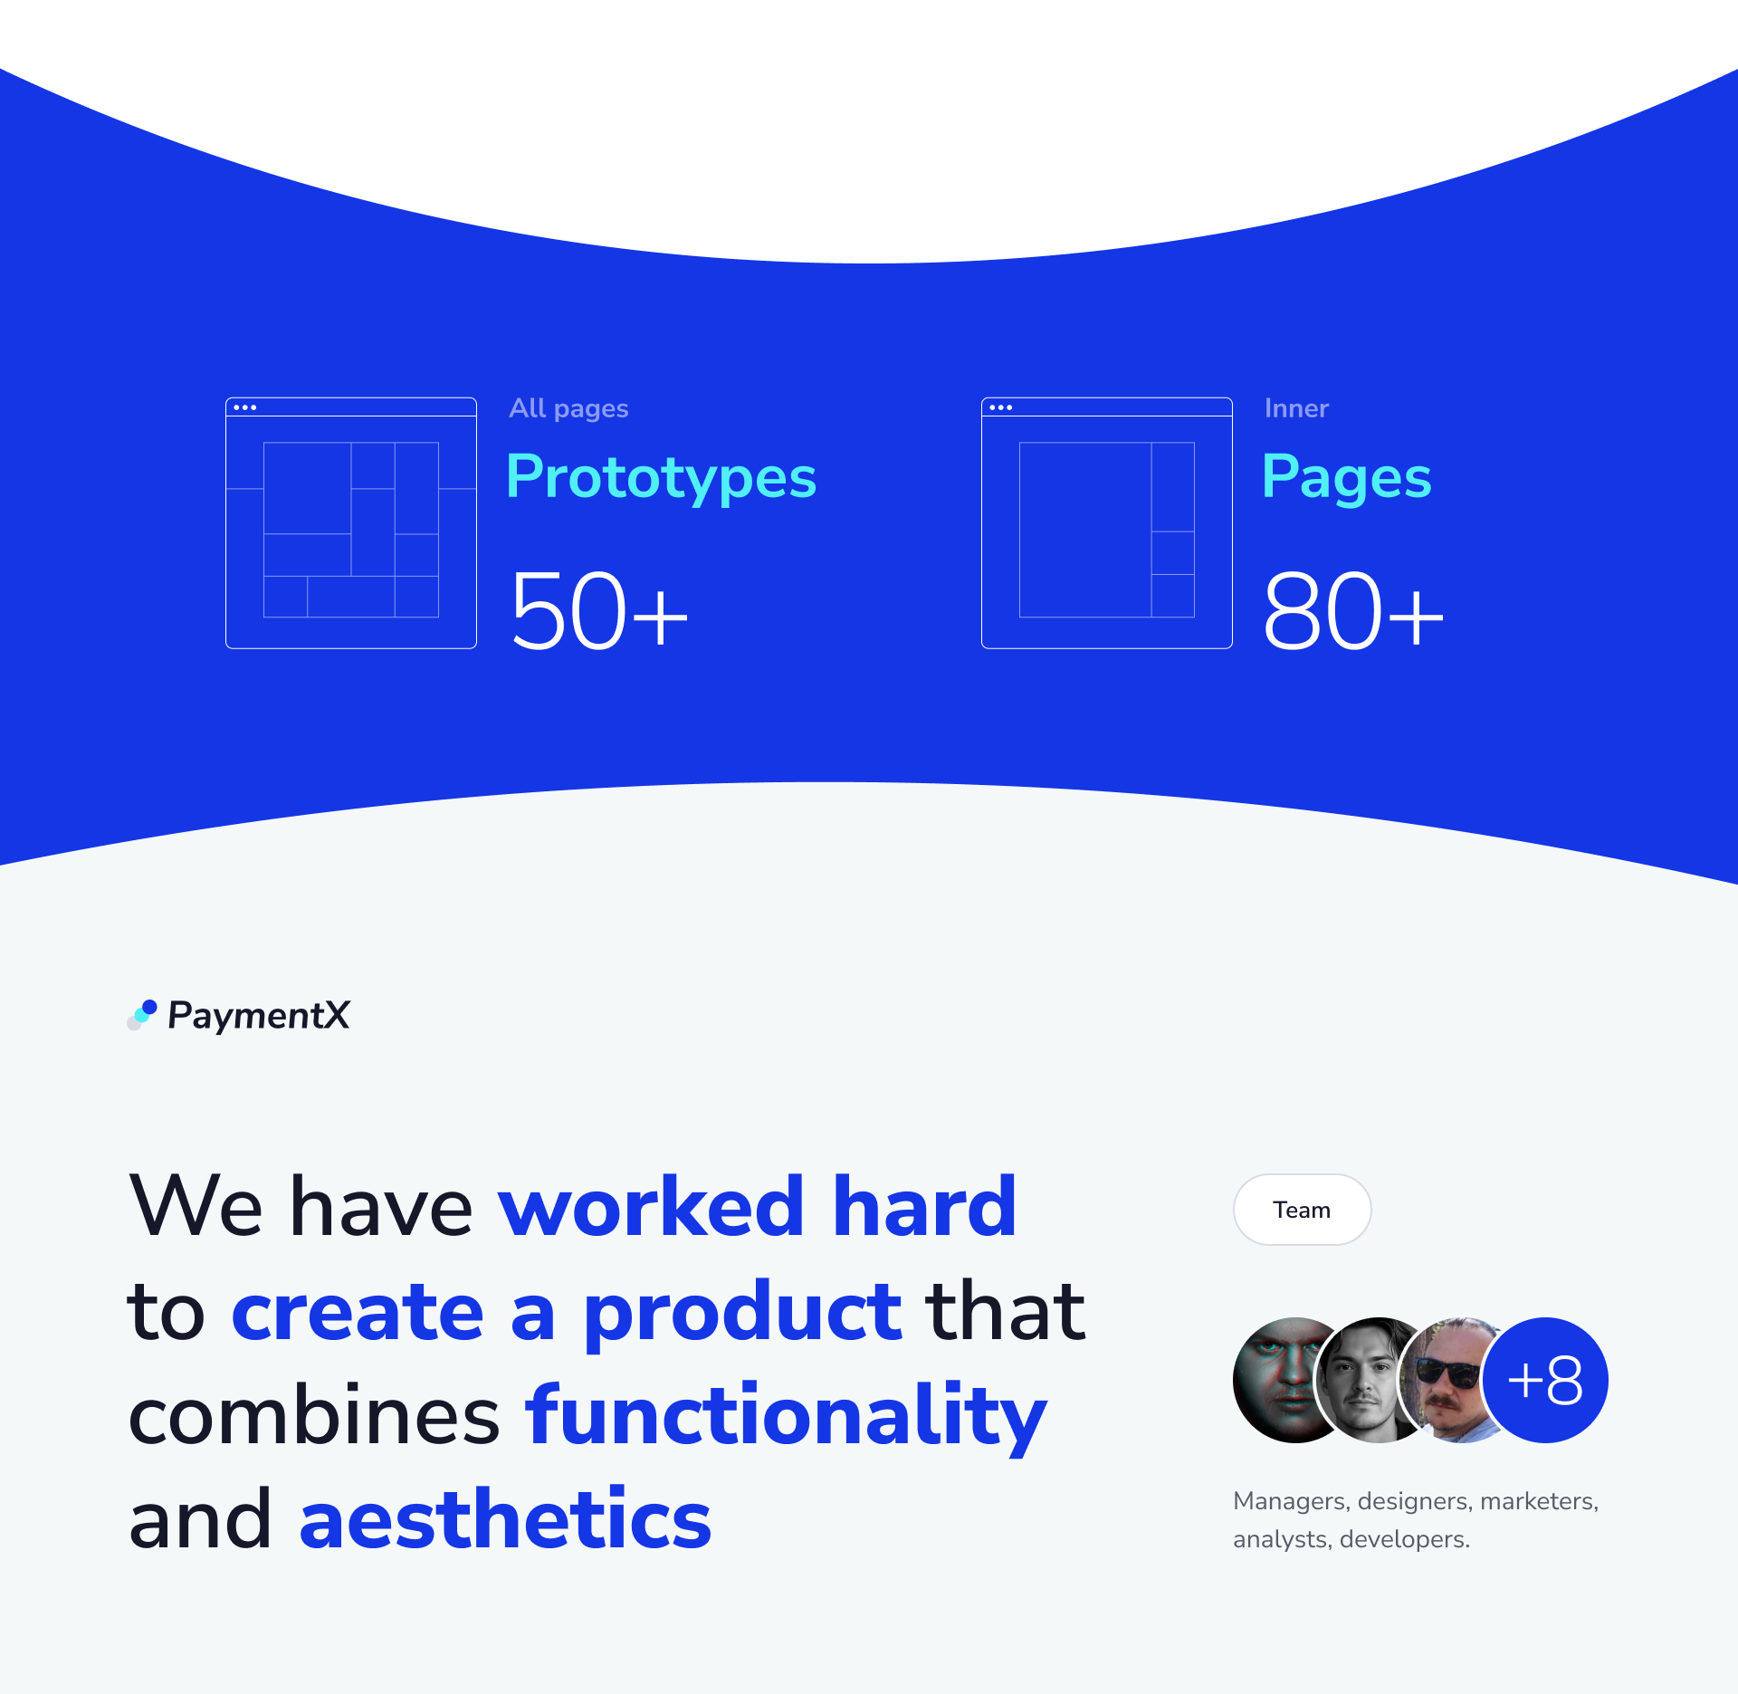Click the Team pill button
1302,1210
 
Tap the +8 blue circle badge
1546,1380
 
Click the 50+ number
599,610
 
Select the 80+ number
1353,610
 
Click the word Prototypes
662,477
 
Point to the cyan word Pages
1347,477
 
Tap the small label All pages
568,408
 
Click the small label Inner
1296,408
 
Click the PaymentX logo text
259,1016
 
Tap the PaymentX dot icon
142,1015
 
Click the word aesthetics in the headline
505,1519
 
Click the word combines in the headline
314,1415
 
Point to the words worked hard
758,1206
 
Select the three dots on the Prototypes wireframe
244,407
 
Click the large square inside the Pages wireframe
1085,530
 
